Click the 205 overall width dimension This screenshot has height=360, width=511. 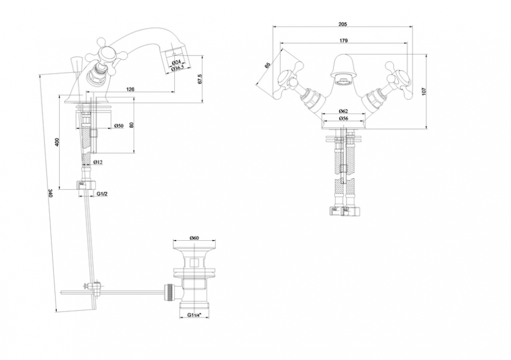click(x=342, y=24)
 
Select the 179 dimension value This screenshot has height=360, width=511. click(x=344, y=41)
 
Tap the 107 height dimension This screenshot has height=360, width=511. click(x=424, y=91)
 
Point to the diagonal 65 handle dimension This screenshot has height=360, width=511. click(x=267, y=64)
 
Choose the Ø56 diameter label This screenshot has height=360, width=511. click(x=343, y=118)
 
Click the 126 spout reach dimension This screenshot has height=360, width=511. click(x=130, y=89)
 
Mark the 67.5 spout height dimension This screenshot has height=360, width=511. click(x=200, y=79)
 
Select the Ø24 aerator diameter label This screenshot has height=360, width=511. click(x=176, y=62)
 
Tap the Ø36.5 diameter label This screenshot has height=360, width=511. click(x=178, y=68)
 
